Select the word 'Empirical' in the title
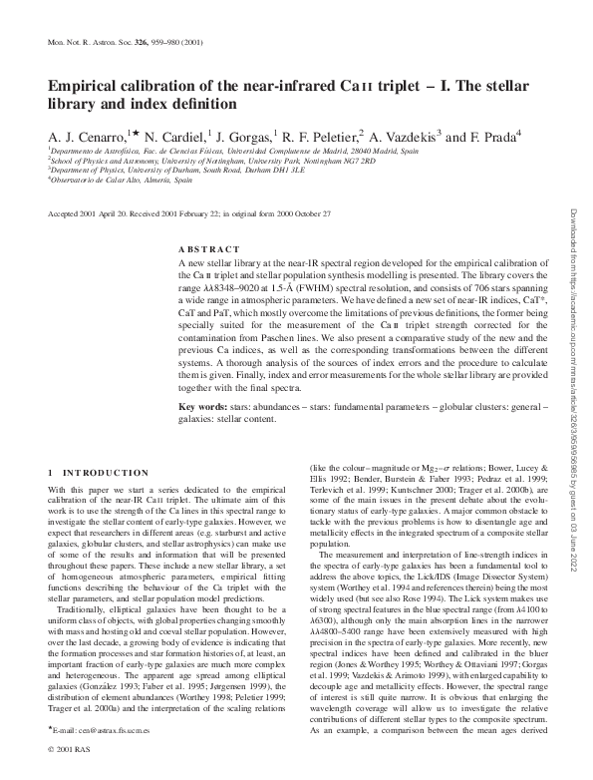[84, 87]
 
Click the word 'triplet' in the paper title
[388, 87]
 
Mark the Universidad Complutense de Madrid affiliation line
[219, 150]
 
